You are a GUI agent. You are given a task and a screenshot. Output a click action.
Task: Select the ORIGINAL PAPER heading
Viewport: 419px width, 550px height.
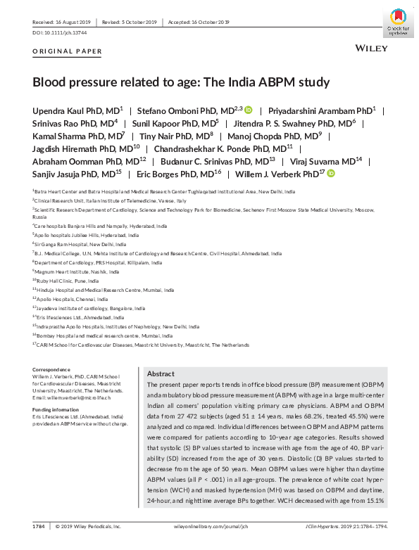[x=68, y=51]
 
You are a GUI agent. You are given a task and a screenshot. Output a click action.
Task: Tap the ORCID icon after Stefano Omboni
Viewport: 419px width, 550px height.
[x=249, y=110]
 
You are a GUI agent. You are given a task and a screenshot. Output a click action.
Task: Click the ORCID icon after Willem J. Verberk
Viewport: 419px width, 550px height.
[x=331, y=173]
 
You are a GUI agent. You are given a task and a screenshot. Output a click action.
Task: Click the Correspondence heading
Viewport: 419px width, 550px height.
[x=51, y=369]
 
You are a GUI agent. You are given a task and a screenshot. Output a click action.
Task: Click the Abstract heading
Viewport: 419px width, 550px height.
[x=160, y=374]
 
